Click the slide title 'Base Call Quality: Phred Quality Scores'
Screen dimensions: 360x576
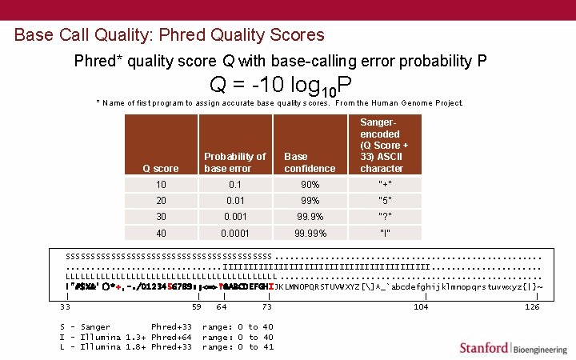tap(170, 35)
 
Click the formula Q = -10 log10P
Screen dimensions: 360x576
tap(281, 85)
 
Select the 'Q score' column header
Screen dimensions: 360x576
tap(160, 169)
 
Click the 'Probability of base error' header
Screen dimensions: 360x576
tap(234, 162)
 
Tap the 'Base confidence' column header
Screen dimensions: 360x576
tap(310, 162)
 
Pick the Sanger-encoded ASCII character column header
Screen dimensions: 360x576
tap(384, 146)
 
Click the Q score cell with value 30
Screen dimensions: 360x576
tap(161, 216)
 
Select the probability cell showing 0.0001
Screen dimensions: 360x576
tap(234, 234)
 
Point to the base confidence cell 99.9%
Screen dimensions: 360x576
tap(310, 216)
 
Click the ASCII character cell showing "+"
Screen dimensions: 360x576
tap(384, 183)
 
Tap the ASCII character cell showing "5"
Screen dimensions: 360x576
tap(384, 200)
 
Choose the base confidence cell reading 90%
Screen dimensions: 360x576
tap(310, 183)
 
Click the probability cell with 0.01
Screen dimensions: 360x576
tap(234, 200)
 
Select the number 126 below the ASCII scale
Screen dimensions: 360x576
tap(531, 306)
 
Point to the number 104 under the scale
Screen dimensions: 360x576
tap(421, 306)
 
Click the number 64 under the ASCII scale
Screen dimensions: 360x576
tap(221, 306)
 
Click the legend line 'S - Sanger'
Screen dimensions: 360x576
tap(85, 326)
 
